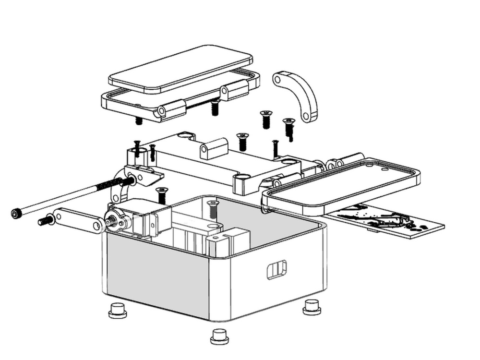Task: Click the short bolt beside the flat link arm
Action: pyautogui.click(x=46, y=221)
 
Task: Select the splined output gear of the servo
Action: pyautogui.click(x=111, y=221)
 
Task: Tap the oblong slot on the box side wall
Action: pyautogui.click(x=276, y=269)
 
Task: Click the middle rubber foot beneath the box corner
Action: pyautogui.click(x=219, y=336)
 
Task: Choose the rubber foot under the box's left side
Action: pyautogui.click(x=118, y=311)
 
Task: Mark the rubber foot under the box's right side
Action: pyautogui.click(x=312, y=307)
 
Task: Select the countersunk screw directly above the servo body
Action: pyautogui.click(x=162, y=194)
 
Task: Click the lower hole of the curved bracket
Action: pyautogui.click(x=306, y=116)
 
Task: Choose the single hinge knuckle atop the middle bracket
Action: pyautogui.click(x=214, y=148)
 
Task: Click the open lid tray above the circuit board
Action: pyautogui.click(x=341, y=182)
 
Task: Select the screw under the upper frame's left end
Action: pyautogui.click(x=139, y=120)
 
